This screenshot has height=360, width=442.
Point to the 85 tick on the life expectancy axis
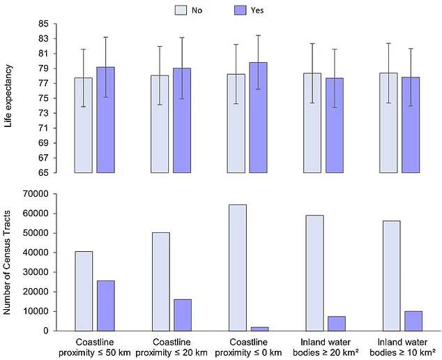click(43, 24)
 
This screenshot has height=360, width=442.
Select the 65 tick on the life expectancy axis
click(43, 172)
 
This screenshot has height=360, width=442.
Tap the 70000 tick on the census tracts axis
click(36, 194)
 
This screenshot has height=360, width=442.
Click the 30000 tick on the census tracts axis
click(36, 272)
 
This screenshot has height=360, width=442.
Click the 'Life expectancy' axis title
click(9, 98)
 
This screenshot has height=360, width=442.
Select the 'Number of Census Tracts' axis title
click(9, 262)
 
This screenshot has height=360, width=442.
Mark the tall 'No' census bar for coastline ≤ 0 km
click(237, 268)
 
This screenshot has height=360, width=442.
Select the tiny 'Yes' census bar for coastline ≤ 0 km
click(259, 328)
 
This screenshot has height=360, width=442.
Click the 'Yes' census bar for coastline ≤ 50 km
click(105, 306)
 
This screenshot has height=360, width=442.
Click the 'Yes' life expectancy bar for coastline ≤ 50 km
click(105, 120)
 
